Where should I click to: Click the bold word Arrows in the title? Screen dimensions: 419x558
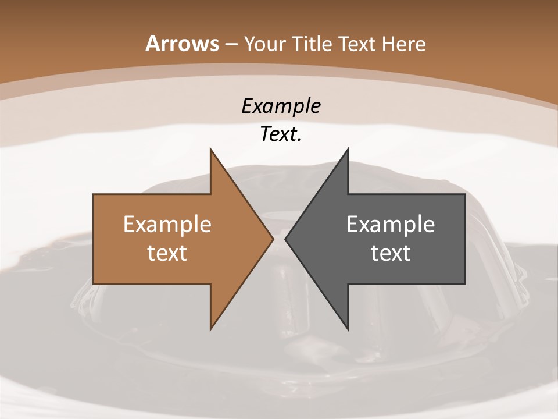pyautogui.click(x=183, y=44)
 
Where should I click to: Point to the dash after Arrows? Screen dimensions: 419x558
pyautogui.click(x=231, y=44)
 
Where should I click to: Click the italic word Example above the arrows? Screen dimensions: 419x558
pyautogui.click(x=281, y=106)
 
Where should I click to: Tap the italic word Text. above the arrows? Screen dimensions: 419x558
pyautogui.click(x=281, y=134)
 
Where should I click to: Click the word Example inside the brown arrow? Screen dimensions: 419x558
pyautogui.click(x=167, y=224)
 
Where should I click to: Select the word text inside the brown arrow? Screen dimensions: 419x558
pyautogui.click(x=167, y=253)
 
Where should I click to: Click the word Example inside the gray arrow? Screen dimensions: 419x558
pyautogui.click(x=391, y=224)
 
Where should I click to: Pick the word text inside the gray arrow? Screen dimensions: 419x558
pyautogui.click(x=391, y=253)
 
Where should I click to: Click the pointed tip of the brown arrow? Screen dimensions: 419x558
pyautogui.click(x=273, y=239)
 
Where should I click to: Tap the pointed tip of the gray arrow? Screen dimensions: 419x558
pyautogui.click(x=285, y=239)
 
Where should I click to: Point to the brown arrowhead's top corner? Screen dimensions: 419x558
pyautogui.click(x=210, y=149)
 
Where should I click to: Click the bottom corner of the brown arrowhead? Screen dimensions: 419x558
pyautogui.click(x=210, y=329)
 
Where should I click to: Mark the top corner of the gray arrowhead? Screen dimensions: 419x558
pyautogui.click(x=348, y=149)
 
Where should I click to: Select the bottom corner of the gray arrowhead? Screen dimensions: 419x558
pyautogui.click(x=348, y=329)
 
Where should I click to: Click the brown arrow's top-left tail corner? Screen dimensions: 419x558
pyautogui.click(x=94, y=194)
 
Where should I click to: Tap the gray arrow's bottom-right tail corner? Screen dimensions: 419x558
pyautogui.click(x=465, y=284)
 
